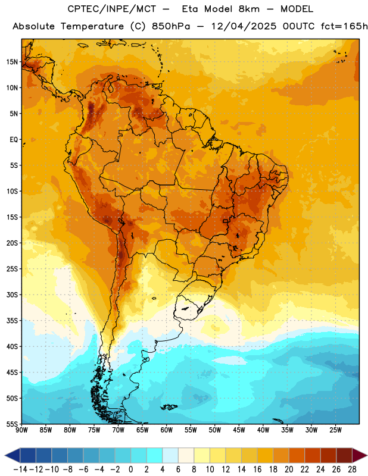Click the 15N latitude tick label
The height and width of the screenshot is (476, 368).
(12, 62)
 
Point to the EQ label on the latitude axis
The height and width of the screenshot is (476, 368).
(14, 140)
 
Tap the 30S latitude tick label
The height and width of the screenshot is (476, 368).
(12, 295)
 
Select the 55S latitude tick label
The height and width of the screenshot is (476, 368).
(12, 424)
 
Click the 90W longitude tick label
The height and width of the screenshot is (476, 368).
(21, 430)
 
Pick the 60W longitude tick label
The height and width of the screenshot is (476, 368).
(167, 430)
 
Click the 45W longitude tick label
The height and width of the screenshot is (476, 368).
(239, 430)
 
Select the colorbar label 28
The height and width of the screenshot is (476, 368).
(352, 469)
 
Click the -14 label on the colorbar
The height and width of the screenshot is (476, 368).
(20, 469)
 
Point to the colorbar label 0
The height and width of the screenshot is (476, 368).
(130, 469)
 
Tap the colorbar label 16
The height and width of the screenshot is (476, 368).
(257, 469)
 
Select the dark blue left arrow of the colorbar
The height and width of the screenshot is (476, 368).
(13, 455)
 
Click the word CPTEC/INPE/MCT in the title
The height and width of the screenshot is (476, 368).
(111, 9)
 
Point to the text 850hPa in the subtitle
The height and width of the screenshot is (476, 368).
(171, 26)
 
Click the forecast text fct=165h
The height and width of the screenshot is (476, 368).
(344, 26)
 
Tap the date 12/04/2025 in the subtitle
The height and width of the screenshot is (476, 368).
(244, 26)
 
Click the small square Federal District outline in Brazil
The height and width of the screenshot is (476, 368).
(225, 221)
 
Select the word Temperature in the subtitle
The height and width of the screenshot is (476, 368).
(92, 26)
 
